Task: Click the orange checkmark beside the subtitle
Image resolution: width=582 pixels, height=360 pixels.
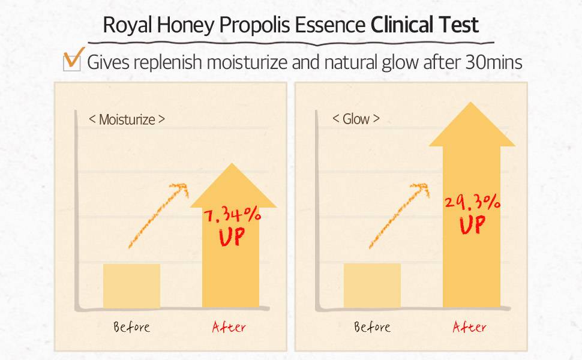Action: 73,58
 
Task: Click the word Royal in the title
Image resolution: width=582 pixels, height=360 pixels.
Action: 127,26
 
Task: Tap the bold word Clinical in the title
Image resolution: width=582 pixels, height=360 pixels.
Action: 402,25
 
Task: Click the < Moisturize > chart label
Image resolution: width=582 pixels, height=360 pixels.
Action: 127,119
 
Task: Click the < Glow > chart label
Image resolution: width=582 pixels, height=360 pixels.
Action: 356,119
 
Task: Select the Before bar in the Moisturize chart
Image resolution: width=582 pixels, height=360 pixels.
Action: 131,286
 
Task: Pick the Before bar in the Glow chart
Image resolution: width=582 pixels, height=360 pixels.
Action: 372,286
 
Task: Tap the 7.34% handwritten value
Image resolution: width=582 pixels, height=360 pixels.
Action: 232,215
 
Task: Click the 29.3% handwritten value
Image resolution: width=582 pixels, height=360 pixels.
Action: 472,203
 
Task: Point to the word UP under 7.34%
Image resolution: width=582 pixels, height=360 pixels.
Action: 232,237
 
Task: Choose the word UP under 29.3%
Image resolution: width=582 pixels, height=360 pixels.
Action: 472,224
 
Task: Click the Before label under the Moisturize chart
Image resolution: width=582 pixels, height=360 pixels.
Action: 132,327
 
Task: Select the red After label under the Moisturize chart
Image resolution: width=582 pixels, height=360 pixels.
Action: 229,327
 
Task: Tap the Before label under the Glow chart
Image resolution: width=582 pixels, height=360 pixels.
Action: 372,327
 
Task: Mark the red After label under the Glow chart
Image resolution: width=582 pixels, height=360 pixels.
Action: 469,327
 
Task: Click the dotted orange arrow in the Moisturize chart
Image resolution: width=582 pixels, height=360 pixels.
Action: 158,215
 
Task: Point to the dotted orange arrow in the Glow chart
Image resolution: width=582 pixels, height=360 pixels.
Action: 399,215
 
